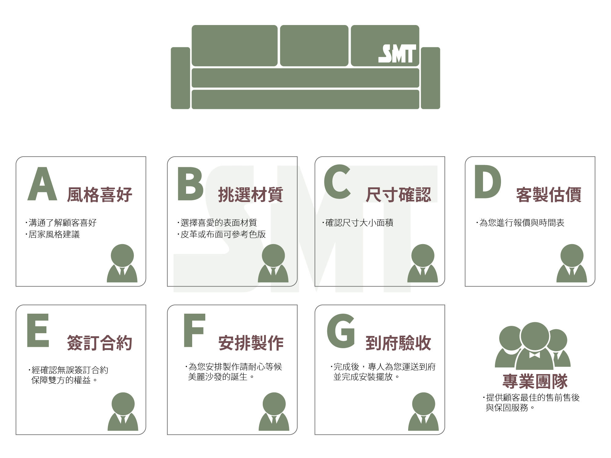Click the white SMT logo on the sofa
point(397,54)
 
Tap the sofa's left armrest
point(180,78)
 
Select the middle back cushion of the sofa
point(314,45)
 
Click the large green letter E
point(38,330)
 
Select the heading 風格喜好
point(100,195)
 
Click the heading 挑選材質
point(251,195)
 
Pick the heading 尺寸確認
point(398,195)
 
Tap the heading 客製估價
point(549,195)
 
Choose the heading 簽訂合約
point(100,343)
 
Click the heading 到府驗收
point(398,343)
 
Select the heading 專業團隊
point(535,381)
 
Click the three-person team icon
point(533,346)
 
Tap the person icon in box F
point(274,412)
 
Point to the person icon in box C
point(423,263)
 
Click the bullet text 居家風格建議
point(54,234)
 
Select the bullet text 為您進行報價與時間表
point(521,223)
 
